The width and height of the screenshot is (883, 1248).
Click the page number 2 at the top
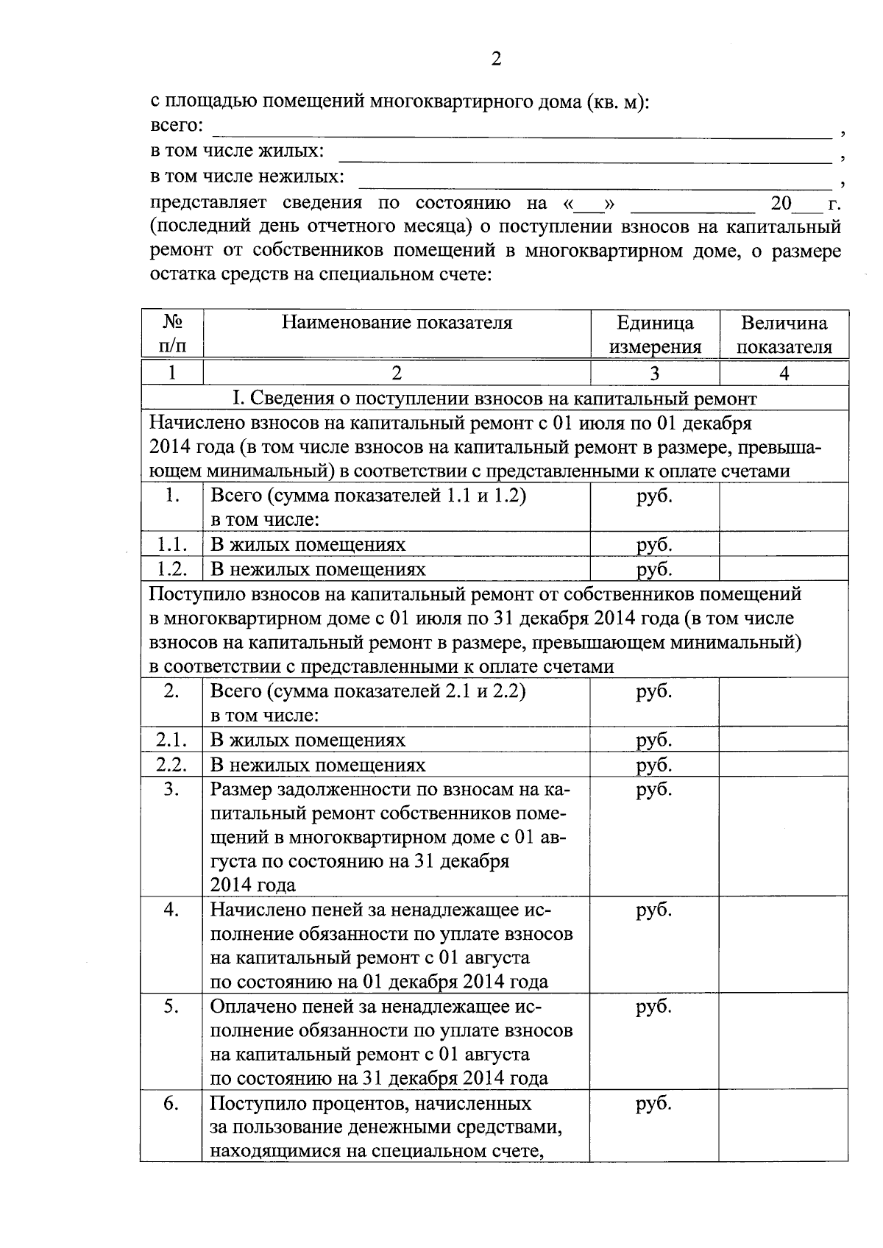[495, 60]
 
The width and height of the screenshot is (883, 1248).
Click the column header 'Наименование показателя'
[397, 324]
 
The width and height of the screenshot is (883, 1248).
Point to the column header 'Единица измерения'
[654, 335]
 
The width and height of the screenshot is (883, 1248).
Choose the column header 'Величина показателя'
[784, 335]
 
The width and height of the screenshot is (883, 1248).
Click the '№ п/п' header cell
[171, 335]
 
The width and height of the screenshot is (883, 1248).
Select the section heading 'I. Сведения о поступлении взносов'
[494, 399]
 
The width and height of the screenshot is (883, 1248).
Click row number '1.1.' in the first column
[171, 544]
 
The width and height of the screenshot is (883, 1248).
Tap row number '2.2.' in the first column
[171, 765]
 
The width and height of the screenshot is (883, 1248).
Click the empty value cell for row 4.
[784, 945]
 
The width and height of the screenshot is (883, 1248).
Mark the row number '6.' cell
[171, 1104]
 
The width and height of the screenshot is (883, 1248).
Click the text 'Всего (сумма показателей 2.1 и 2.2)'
[368, 692]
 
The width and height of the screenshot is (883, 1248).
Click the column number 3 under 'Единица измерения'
[654, 374]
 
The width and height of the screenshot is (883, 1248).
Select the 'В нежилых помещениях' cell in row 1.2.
[318, 569]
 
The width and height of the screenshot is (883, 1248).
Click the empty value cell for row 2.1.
[784, 740]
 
